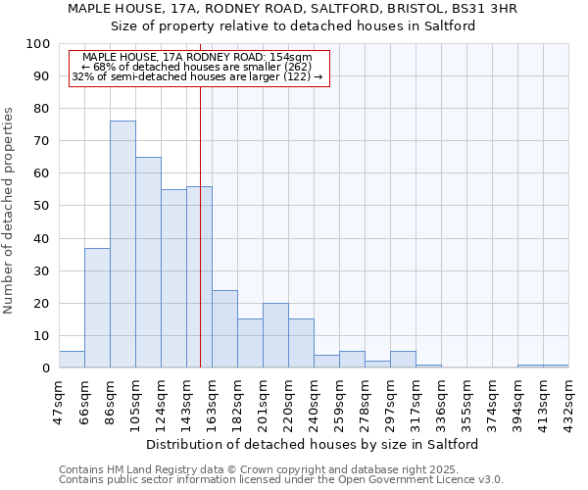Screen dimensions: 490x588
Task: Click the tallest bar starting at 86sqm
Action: tap(122, 244)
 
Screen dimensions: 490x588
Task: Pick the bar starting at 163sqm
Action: tap(224, 328)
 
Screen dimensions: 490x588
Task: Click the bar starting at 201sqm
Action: tap(275, 335)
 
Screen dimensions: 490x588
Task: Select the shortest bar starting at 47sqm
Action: tap(72, 360)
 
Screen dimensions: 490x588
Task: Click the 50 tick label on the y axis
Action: tap(42, 206)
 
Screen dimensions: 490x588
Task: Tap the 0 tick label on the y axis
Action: tap(46, 368)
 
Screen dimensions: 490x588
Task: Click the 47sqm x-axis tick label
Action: tap(59, 401)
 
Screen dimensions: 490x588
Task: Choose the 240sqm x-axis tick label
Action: tap(314, 401)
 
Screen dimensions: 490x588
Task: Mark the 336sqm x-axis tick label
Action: tap(441, 401)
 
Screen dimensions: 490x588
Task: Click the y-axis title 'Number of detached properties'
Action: tap(10, 211)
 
